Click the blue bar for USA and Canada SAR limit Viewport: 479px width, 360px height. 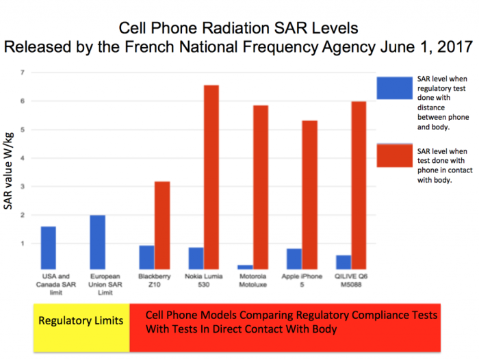(48, 248)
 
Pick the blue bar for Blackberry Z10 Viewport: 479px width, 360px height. (146, 257)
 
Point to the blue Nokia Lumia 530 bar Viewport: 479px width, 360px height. (196, 258)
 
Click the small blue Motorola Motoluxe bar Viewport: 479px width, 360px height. (245, 266)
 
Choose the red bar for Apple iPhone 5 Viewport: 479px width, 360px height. (309, 194)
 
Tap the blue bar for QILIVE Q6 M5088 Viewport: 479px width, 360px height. (344, 262)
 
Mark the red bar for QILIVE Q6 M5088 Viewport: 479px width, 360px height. (359, 185)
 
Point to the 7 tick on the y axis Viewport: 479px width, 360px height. (23, 73)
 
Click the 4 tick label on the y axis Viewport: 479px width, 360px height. (23, 158)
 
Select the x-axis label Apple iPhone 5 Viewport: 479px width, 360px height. (302, 285)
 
